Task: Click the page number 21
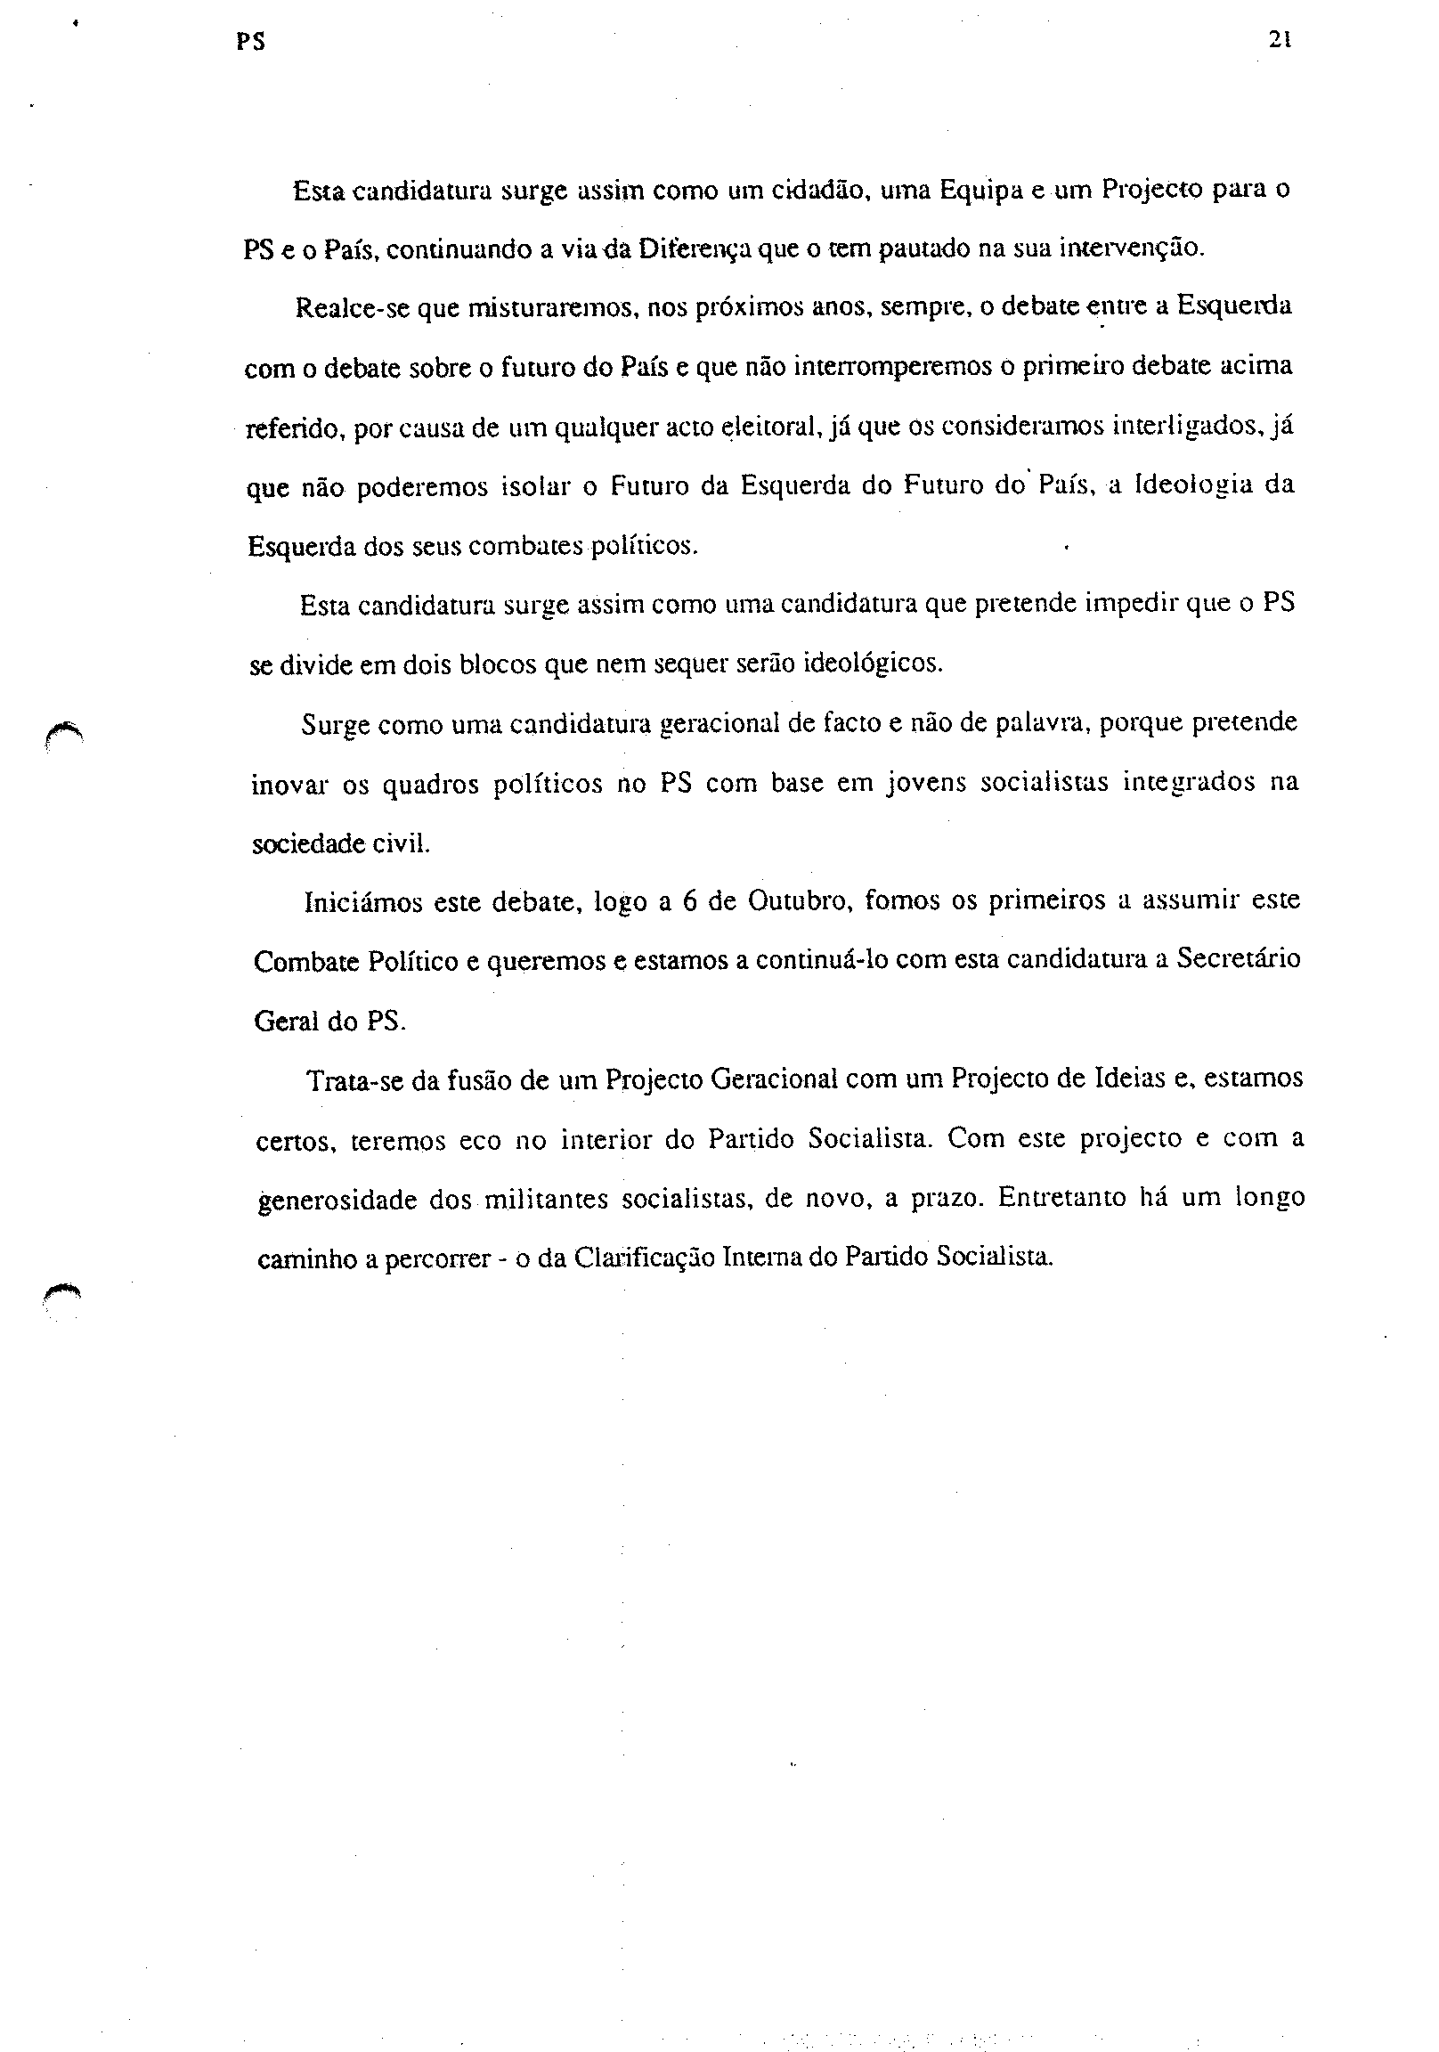pos(1280,40)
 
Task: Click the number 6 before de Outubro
pos(688,901)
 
